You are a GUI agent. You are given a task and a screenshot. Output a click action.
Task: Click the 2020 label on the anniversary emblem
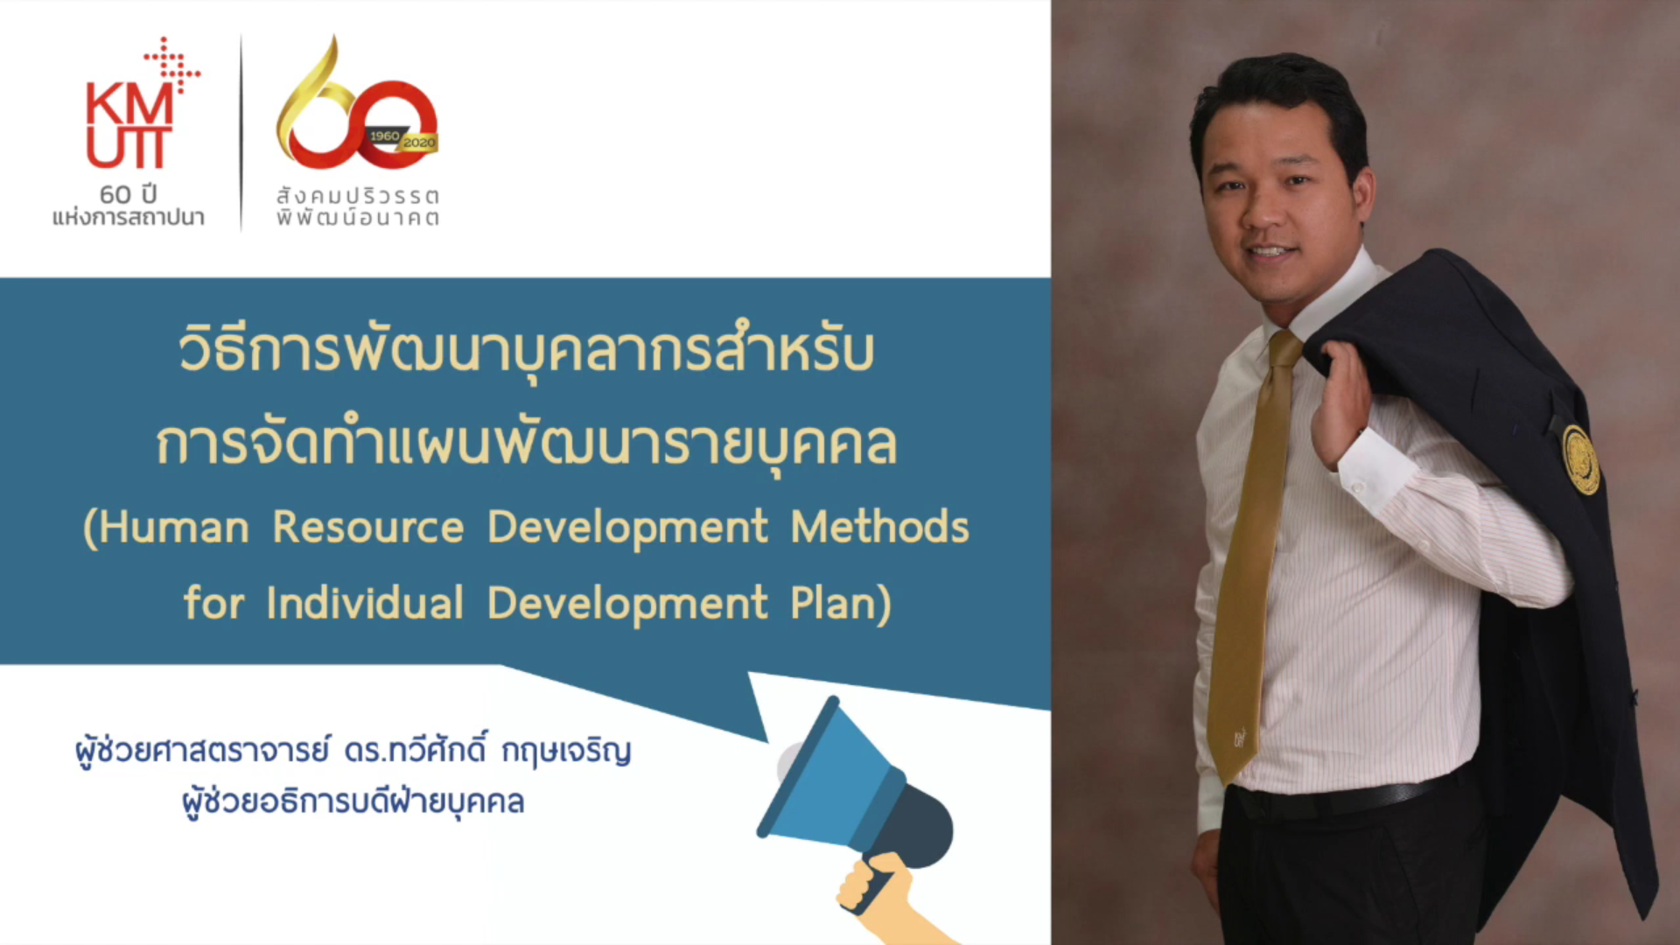[419, 143]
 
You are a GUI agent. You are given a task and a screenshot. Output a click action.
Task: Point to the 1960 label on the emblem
[383, 136]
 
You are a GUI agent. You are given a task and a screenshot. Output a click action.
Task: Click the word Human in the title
[172, 528]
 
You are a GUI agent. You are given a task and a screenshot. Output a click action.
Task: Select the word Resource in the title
[367, 528]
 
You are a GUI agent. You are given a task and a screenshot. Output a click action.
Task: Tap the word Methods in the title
[879, 528]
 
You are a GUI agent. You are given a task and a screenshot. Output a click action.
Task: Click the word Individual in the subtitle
[365, 604]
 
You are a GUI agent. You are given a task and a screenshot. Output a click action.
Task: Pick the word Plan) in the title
[840, 604]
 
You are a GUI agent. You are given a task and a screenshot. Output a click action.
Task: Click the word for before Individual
[213, 604]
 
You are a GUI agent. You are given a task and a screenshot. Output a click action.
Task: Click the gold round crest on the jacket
[1580, 458]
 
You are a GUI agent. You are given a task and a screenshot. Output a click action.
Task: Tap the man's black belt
[1347, 798]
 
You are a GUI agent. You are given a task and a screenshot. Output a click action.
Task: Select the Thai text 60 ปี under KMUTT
[128, 194]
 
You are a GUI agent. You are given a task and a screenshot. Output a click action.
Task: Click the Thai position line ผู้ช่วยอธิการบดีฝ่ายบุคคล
[353, 801]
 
